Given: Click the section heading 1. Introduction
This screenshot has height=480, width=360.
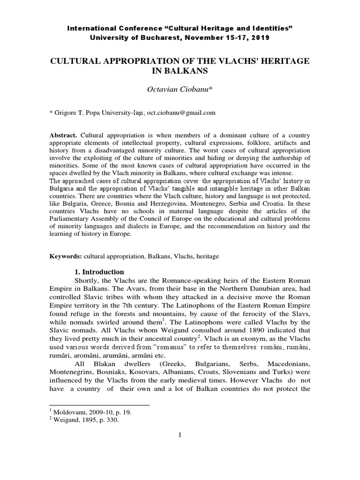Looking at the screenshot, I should [x=99, y=272].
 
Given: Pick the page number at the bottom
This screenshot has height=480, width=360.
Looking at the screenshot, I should [x=180, y=435].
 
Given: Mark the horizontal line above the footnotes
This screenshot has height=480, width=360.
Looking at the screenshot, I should [x=99, y=405].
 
